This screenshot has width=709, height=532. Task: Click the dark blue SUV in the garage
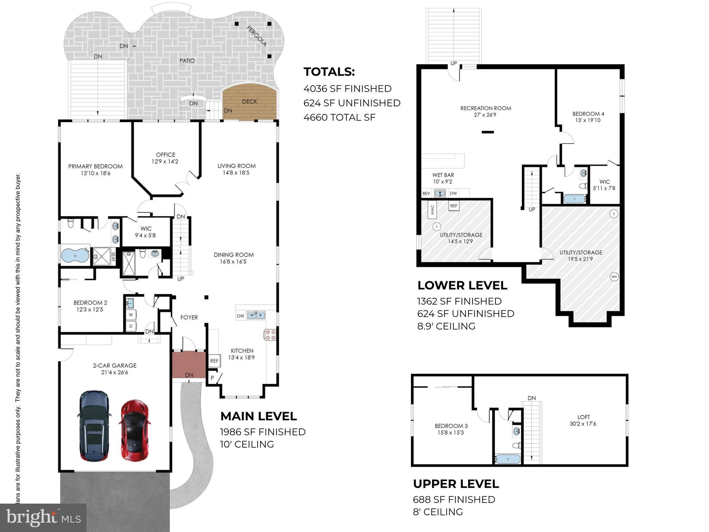[x=94, y=426]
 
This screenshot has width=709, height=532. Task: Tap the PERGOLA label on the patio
[x=257, y=36]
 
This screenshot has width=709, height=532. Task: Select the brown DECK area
[x=249, y=102]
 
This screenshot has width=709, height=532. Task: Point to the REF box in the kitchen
[x=214, y=361]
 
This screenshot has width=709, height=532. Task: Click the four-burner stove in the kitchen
[x=270, y=335]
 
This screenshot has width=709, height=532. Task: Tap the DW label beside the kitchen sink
[x=240, y=316]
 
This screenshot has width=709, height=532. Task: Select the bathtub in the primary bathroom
[x=75, y=256]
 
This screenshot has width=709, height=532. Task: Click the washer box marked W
[x=131, y=315]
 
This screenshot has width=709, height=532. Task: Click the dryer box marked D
[x=131, y=326]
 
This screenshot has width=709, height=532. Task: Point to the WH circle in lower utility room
[x=614, y=277]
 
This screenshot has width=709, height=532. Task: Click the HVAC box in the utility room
[x=432, y=210]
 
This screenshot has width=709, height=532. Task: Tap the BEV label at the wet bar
[x=426, y=193]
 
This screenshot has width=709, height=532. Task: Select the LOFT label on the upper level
[x=583, y=417]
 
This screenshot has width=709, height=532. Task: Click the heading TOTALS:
[x=329, y=72]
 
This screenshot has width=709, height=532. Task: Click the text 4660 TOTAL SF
[x=339, y=117]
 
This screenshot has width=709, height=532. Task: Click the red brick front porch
[x=189, y=364]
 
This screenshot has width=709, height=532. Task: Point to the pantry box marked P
[x=212, y=378]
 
